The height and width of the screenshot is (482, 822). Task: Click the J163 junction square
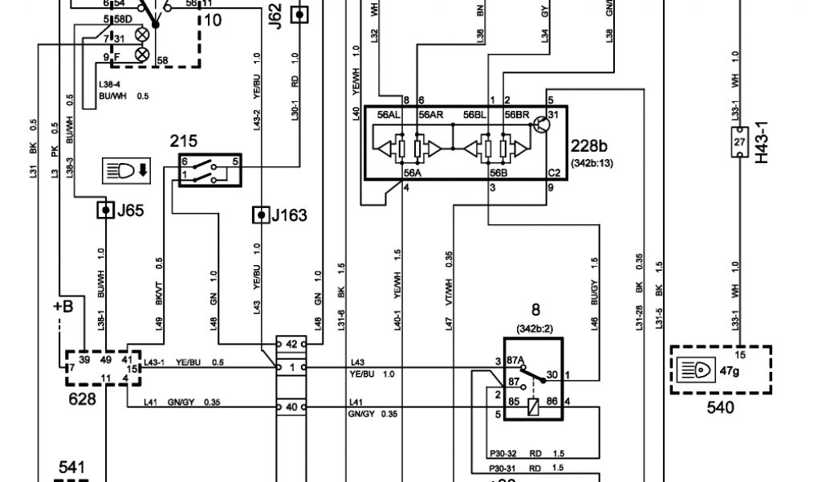pyautogui.click(x=260, y=214)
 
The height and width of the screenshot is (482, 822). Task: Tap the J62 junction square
pyautogui.click(x=299, y=14)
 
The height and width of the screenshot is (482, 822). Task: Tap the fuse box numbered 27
pyautogui.click(x=739, y=141)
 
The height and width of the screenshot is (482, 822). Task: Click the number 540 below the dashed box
pyautogui.click(x=719, y=407)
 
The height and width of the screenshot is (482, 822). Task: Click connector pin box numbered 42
pyautogui.click(x=291, y=344)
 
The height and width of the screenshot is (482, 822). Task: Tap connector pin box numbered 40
pyautogui.click(x=291, y=407)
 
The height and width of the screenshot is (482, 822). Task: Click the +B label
pyautogui.click(x=63, y=308)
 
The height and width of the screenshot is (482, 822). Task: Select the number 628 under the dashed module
pyautogui.click(x=83, y=398)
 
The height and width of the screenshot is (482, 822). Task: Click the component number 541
pyautogui.click(x=71, y=467)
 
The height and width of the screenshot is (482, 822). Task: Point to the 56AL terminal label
pyautogui.click(x=389, y=115)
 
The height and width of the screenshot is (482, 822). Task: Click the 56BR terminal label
pyautogui.click(x=516, y=115)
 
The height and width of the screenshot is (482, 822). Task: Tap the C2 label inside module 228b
pyautogui.click(x=554, y=172)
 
